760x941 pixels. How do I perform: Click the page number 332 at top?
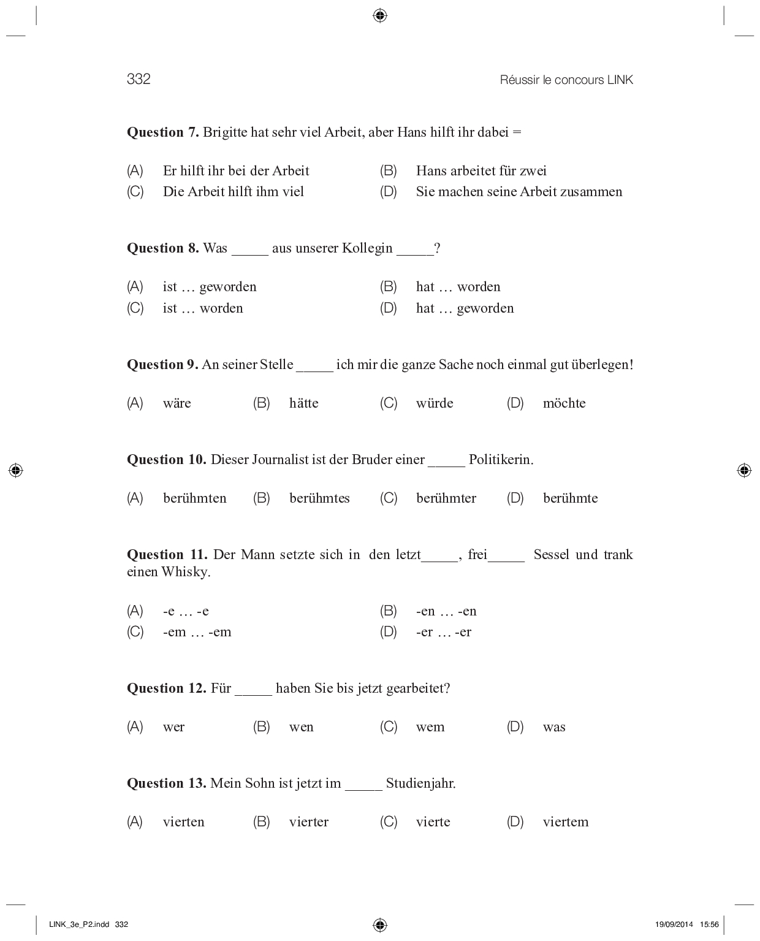[139, 79]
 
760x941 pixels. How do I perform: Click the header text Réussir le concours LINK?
[566, 80]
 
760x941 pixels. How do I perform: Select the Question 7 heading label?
[163, 132]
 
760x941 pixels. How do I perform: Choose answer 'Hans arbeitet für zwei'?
[481, 171]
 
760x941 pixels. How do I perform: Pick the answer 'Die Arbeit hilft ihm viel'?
[234, 192]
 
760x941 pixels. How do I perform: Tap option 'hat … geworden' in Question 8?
[465, 308]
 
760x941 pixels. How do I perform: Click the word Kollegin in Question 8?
[367, 248]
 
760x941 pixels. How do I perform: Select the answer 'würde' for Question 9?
[435, 403]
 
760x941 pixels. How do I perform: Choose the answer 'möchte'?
[564, 403]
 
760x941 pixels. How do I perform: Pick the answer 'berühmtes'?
[319, 498]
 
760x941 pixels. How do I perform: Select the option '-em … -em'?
[197, 632]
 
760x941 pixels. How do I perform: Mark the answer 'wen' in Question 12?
[302, 727]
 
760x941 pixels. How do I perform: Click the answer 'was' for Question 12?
[554, 727]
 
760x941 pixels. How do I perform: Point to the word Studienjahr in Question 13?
[420, 783]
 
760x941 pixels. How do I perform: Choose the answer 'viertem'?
[566, 822]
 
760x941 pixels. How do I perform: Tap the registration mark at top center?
[380, 15]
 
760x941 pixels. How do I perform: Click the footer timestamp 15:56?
[709, 924]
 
